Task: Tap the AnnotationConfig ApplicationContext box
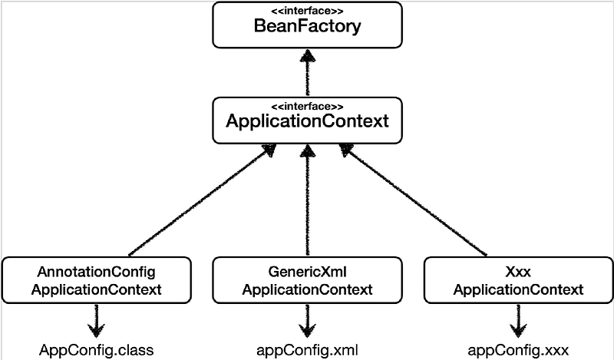coord(97,280)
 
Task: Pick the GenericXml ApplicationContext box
coord(307,280)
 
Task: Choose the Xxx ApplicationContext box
coord(518,280)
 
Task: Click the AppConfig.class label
coord(97,351)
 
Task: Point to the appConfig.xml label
coord(307,351)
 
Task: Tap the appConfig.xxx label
coord(518,351)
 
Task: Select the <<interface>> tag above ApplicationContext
coord(307,105)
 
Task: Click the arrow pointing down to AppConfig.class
coord(97,321)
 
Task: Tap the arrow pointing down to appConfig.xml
coord(307,321)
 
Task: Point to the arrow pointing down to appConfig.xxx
coord(518,321)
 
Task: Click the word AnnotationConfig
coord(97,272)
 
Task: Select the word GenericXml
coord(307,272)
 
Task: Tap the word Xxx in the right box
coord(518,272)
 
